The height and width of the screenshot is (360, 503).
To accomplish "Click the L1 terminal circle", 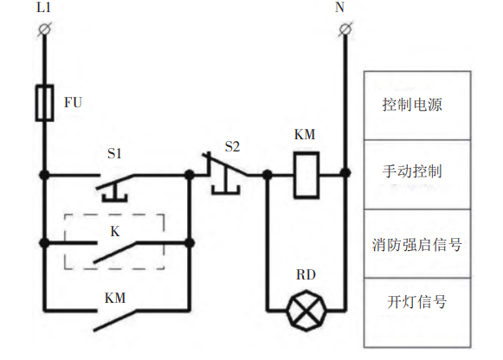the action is (x=44, y=29).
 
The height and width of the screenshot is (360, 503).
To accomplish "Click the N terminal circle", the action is (x=345, y=29).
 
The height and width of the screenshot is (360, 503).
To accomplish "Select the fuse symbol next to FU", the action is (x=45, y=103).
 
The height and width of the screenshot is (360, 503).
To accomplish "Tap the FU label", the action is (x=73, y=103).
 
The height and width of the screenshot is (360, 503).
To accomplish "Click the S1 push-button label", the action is (x=114, y=153).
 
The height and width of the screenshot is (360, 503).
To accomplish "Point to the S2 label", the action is (x=232, y=147).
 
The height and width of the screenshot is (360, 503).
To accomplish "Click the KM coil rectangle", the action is (x=306, y=175).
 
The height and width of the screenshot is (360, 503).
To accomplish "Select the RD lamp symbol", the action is (x=306, y=311).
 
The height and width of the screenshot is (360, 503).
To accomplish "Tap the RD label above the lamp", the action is (x=306, y=274).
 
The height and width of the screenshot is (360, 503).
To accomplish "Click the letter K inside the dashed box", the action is (x=115, y=231).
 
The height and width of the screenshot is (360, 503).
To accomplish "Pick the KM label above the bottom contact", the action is (x=115, y=299).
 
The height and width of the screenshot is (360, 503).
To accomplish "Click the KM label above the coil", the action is (x=305, y=134).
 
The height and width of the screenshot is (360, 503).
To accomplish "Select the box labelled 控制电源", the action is (x=417, y=106).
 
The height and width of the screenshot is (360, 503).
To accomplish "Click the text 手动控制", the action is (x=412, y=171).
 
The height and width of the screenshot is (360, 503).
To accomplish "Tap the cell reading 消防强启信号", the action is (x=417, y=244).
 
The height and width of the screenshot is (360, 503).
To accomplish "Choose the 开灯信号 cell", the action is (x=417, y=313).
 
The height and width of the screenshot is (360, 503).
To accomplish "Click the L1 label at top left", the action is (x=43, y=8).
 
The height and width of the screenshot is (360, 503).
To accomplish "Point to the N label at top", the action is (x=339, y=8).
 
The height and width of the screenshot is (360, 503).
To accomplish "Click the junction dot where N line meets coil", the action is (x=345, y=173).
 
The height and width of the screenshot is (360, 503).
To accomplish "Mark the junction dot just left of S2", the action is (x=190, y=175).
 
